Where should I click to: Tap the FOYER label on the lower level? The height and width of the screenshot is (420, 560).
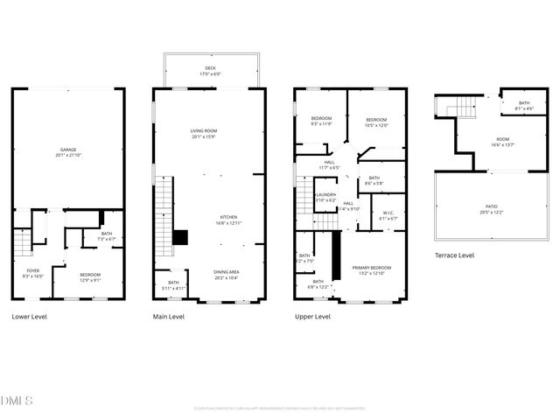coord(33,272)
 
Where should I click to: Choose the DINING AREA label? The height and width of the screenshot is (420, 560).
coord(227,273)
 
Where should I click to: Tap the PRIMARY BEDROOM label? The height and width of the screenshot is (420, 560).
coord(371,269)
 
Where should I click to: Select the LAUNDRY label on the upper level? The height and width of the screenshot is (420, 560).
coord(326,197)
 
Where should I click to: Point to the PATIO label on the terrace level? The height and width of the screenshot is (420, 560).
coord(491,208)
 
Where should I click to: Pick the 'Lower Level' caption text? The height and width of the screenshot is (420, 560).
coord(30,317)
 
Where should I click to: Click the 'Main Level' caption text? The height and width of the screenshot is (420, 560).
coord(171,317)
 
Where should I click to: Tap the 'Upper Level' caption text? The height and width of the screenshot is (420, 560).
coord(312,317)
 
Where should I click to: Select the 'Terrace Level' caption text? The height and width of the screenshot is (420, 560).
coord(455,255)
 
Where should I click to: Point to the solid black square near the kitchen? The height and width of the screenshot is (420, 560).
coord(180,237)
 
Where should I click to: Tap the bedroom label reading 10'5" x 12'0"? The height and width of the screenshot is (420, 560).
coord(376,122)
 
